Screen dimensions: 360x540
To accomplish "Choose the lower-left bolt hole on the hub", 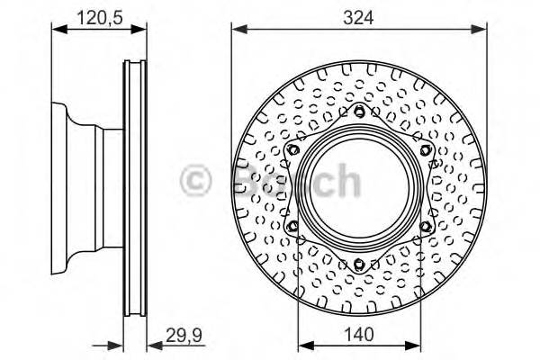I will tap(293, 225).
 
